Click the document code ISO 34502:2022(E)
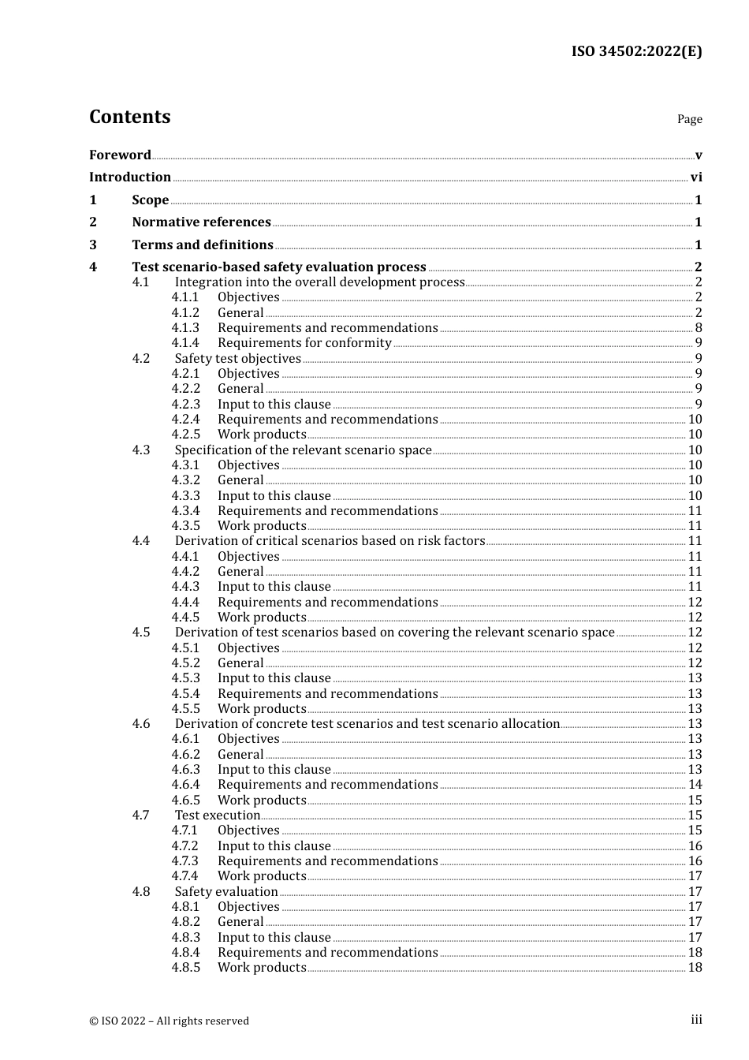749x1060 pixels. (x=636, y=51)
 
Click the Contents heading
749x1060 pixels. (x=129, y=117)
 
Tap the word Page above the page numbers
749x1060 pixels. (x=689, y=119)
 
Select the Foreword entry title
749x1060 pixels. (x=120, y=155)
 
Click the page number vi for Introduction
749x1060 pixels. (x=696, y=177)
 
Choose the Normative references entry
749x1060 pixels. (x=201, y=222)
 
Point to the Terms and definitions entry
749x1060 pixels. (x=203, y=245)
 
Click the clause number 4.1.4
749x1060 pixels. (x=185, y=343)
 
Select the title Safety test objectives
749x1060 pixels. (x=237, y=359)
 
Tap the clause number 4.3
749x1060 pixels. (x=141, y=450)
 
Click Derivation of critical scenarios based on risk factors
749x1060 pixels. (x=330, y=541)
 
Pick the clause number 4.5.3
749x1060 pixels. (x=185, y=678)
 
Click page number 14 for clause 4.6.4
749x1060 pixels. (x=695, y=785)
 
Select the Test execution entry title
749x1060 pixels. (x=217, y=816)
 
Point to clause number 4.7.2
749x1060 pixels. (x=185, y=846)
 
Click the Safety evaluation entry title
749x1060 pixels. (x=226, y=892)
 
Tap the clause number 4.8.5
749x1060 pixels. (x=185, y=968)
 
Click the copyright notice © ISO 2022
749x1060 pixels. (x=169, y=1021)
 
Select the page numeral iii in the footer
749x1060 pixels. (x=696, y=1020)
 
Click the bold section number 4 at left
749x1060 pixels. (x=93, y=267)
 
